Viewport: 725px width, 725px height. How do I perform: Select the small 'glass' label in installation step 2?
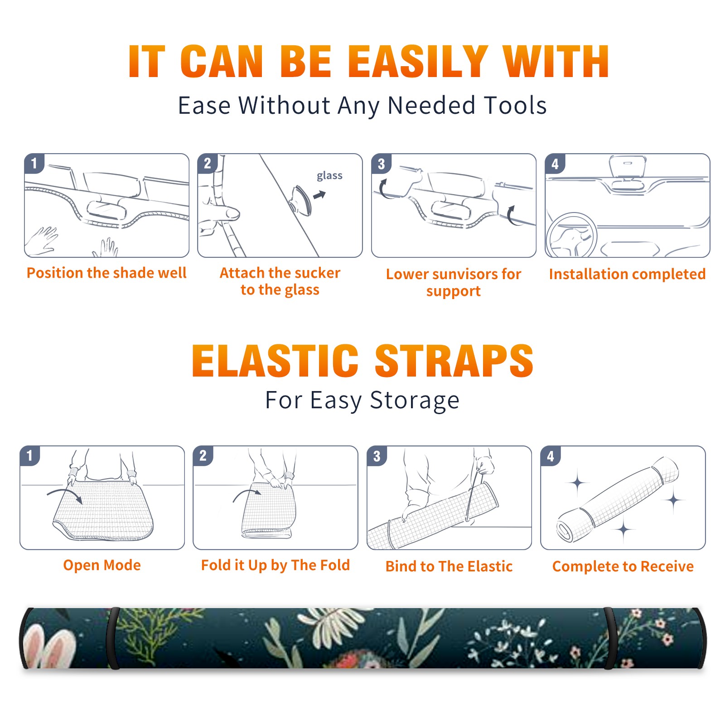[329, 176]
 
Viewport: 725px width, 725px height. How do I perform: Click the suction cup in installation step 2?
[300, 200]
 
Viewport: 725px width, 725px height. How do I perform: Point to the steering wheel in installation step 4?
[571, 235]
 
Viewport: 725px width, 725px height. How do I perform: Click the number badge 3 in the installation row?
[381, 164]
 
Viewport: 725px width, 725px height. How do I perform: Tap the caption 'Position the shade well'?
[106, 273]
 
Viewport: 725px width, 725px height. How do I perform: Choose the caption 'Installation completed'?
[627, 274]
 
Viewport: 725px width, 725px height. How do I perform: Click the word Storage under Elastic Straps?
[415, 401]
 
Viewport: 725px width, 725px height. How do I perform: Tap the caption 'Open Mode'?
[102, 565]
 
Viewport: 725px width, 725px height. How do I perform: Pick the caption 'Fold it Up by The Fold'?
[275, 565]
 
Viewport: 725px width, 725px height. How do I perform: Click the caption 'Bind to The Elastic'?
[449, 566]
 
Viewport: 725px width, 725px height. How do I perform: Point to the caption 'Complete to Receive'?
[623, 566]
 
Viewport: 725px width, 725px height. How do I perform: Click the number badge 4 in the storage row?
[551, 456]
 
